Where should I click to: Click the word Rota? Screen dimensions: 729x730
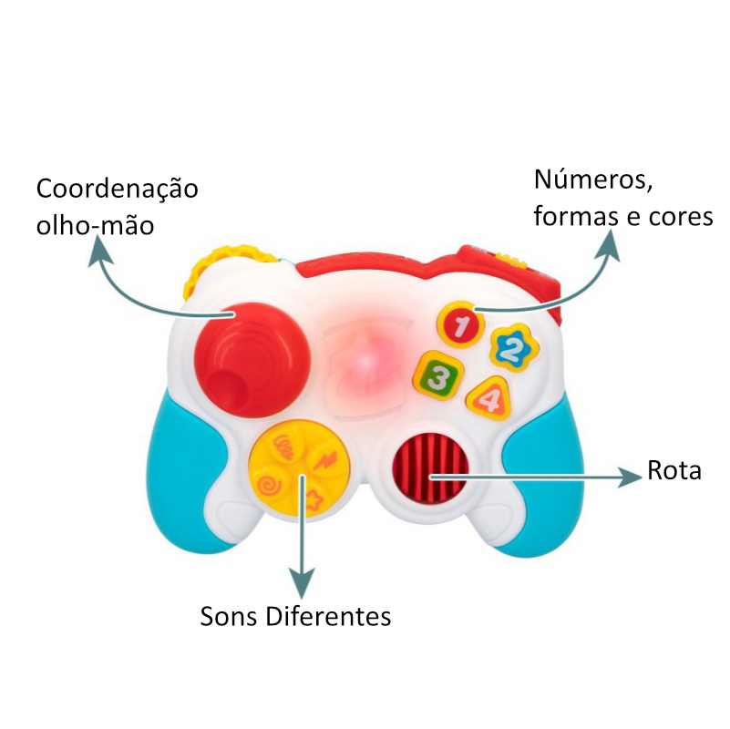(674, 472)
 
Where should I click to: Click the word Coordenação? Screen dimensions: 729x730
(117, 190)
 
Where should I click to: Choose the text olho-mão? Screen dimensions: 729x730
(95, 225)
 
